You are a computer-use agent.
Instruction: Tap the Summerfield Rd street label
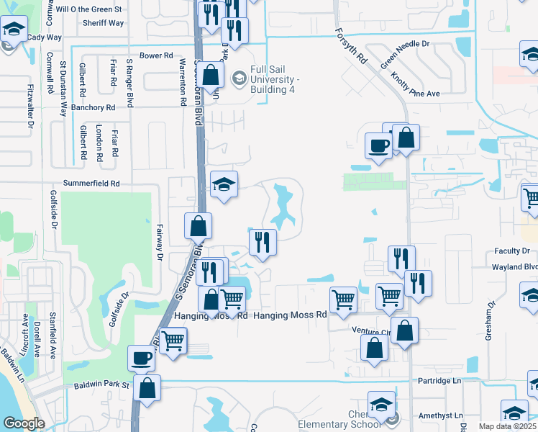tap(91, 184)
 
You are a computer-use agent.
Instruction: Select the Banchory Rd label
tap(88, 107)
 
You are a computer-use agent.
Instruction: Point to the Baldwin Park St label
tap(101, 385)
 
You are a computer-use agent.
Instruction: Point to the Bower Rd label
tap(157, 55)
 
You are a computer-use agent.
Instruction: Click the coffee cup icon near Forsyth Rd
tap(378, 146)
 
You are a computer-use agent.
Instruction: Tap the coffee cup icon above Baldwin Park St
tap(142, 358)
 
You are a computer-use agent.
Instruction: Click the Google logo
tap(24, 423)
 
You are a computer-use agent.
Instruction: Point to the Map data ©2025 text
tap(507, 426)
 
